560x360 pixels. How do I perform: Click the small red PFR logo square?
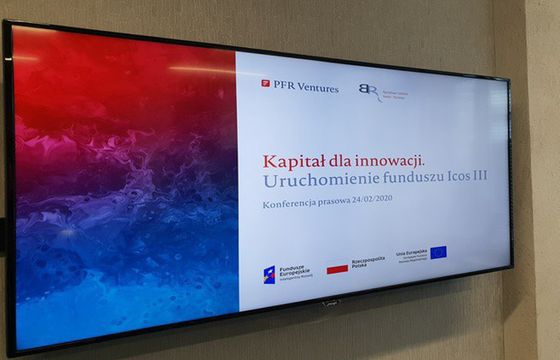pos(265,84)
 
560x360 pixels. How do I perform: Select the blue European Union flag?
pos(441,253)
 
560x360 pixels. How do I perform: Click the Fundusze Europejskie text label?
pos(293,270)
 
